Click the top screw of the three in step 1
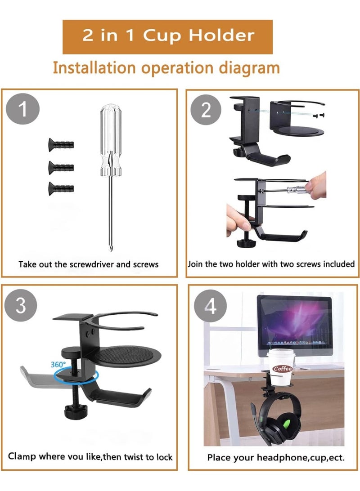(x=61, y=145)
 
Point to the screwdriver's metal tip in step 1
(x=108, y=245)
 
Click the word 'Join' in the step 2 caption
(x=195, y=264)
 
